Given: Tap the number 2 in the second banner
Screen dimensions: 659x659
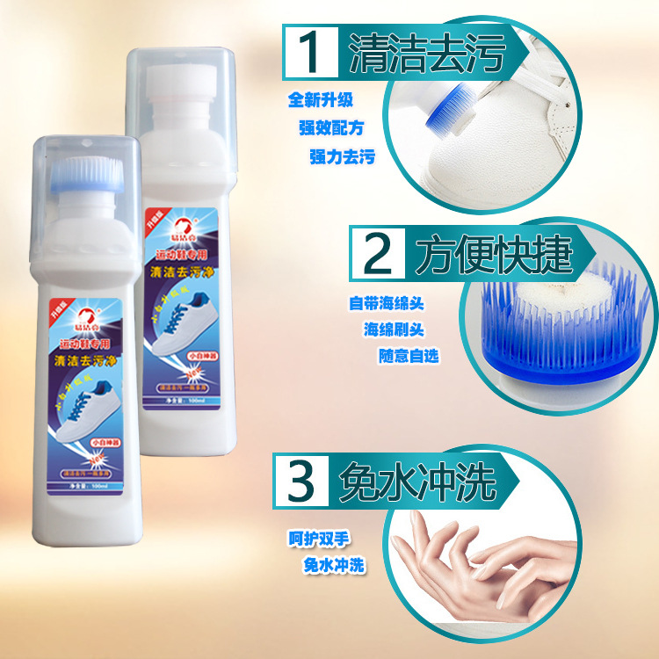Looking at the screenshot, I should [378, 254].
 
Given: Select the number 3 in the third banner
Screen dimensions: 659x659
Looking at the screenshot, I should [301, 479].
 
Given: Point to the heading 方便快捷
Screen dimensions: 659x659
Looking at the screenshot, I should [495, 255].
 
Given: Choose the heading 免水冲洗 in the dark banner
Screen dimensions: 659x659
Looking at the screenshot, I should [418, 480].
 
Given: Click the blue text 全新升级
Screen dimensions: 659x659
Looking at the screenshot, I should [320, 100].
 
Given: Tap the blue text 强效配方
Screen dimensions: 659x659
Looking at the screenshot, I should [330, 128].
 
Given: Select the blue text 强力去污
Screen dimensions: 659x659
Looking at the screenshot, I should [342, 157].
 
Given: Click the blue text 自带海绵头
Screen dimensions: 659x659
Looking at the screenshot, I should [387, 303].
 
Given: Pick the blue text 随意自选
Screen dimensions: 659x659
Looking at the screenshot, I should [409, 356].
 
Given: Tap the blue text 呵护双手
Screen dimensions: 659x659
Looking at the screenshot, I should [320, 538].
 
